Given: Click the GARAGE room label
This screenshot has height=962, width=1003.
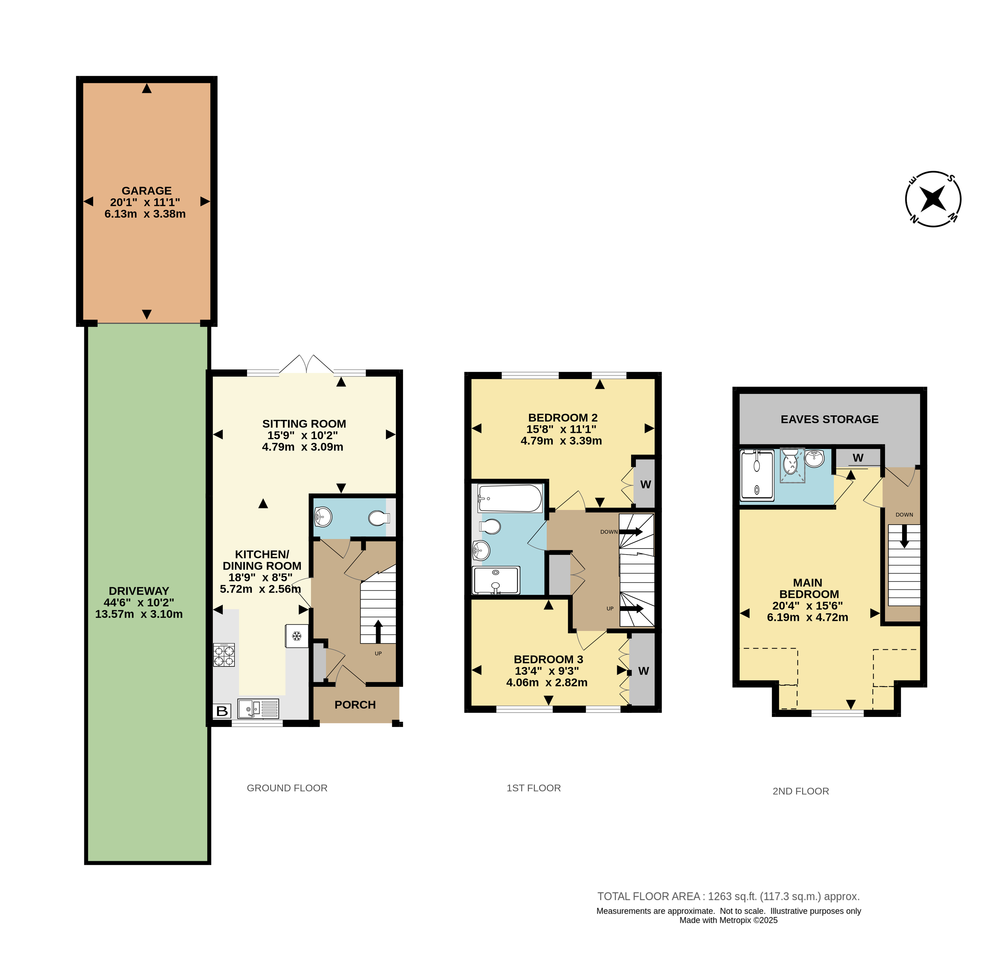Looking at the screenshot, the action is pos(146,190).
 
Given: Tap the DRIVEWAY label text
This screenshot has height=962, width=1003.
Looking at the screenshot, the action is pos(139,591).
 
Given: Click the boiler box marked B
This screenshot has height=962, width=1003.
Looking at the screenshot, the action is pos(222,711).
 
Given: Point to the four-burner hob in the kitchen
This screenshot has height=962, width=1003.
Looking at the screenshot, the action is pos(224,655).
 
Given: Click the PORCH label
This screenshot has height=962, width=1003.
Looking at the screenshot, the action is pos(355,705).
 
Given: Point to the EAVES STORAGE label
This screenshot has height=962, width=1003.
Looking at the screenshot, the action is pos(829,419).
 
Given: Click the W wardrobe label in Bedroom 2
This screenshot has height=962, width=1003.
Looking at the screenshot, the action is pos(646,484).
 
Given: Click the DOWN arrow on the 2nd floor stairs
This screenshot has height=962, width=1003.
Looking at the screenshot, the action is pos(904,537).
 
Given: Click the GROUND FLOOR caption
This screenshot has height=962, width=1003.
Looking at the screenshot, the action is pos(287,788).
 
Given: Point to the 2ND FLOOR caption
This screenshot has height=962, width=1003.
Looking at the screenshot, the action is pos(801,791).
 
